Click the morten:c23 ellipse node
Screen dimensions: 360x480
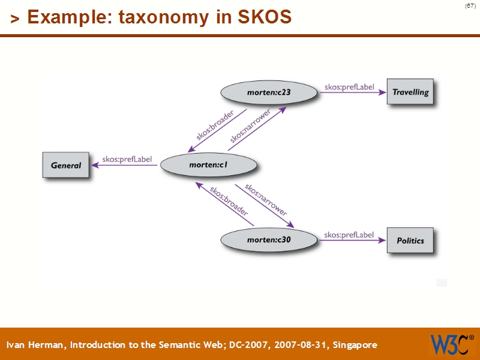(x=268, y=92)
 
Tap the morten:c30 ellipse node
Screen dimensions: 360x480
(x=268, y=240)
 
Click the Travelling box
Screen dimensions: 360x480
(x=410, y=92)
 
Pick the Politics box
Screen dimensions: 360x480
(x=410, y=240)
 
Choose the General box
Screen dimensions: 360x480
(x=65, y=165)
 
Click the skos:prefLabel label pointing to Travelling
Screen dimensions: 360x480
(x=349, y=87)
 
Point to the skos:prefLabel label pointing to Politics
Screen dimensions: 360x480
(x=349, y=235)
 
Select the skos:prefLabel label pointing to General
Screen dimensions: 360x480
(x=127, y=159)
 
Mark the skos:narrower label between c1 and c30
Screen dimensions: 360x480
(x=265, y=200)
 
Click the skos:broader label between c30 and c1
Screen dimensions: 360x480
(x=229, y=201)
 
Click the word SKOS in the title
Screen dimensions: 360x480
(x=265, y=17)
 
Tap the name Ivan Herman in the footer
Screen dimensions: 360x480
(x=37, y=345)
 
